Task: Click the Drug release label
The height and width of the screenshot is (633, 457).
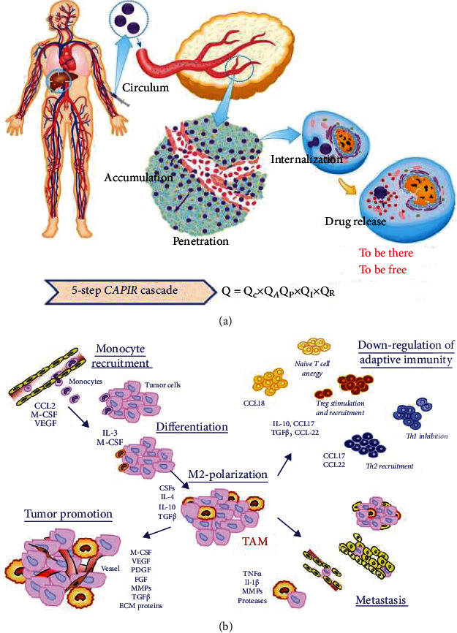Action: tap(355, 220)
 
